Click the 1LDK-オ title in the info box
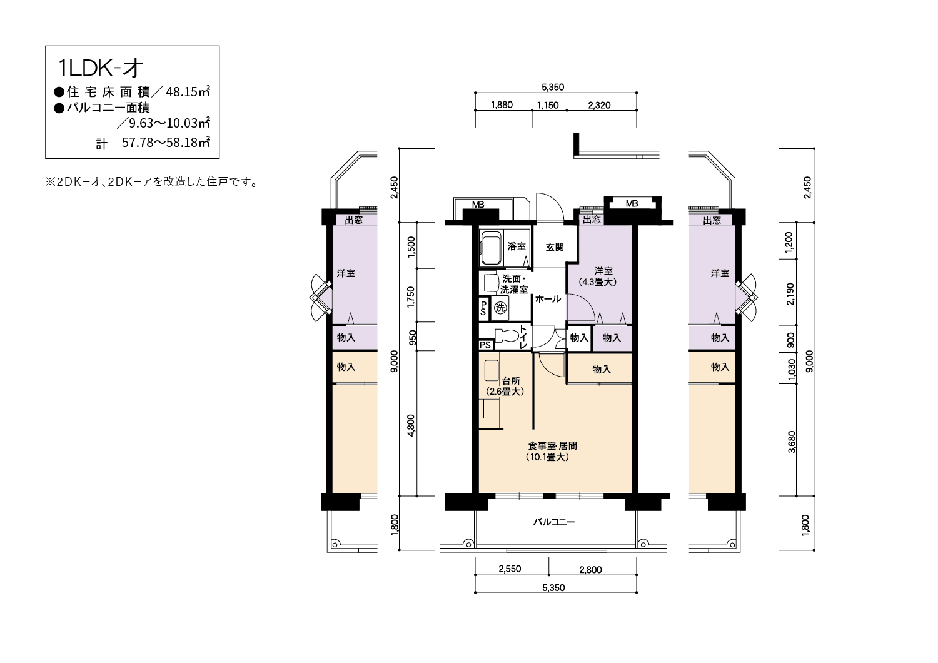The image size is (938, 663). pos(101,68)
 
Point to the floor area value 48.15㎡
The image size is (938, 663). pos(188,92)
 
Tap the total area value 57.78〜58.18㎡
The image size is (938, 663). pos(166,143)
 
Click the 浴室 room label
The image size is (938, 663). pos(517,246)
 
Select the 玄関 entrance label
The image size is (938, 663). pos(555,247)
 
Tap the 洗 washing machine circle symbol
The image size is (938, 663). pos(500,308)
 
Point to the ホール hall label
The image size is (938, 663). pos(548,298)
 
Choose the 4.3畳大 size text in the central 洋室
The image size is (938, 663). pos(598,282)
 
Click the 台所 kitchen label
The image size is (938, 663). pos(512,381)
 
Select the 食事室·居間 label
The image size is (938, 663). pos(553,446)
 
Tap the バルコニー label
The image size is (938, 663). pos(554,522)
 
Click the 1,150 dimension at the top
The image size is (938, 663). pos(548,105)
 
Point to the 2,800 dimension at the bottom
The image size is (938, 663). pos(590,570)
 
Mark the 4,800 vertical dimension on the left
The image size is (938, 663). pos(411,425)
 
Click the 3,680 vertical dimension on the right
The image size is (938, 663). pos(792,442)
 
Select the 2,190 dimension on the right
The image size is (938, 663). pos(790,294)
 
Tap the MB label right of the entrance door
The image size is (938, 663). pos(632,203)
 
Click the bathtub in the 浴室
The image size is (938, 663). pos(491,248)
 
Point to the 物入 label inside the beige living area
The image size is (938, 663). pos(602,369)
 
